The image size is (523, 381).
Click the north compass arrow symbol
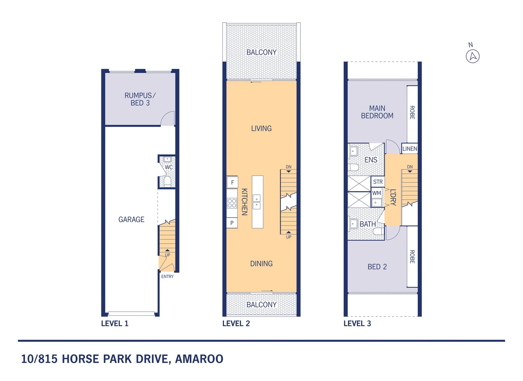472,56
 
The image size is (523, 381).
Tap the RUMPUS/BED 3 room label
140,99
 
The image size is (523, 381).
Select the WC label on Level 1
169,167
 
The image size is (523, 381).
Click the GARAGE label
131,219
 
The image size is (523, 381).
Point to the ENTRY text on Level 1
167,277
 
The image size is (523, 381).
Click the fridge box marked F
232,182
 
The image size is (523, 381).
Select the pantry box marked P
232,223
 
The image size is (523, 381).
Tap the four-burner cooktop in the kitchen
232,203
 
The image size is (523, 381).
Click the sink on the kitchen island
257,202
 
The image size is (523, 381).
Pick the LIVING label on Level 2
261,128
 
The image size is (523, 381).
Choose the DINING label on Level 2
261,264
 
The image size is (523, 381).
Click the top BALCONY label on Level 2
261,52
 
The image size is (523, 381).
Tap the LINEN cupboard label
410,149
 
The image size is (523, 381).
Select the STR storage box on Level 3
378,182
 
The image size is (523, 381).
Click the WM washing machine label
377,193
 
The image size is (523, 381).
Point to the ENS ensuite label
371,160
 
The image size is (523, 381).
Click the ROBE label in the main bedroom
412,112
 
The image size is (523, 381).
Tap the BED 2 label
377,267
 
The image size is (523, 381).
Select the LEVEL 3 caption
357,323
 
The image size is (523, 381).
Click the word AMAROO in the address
199,359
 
